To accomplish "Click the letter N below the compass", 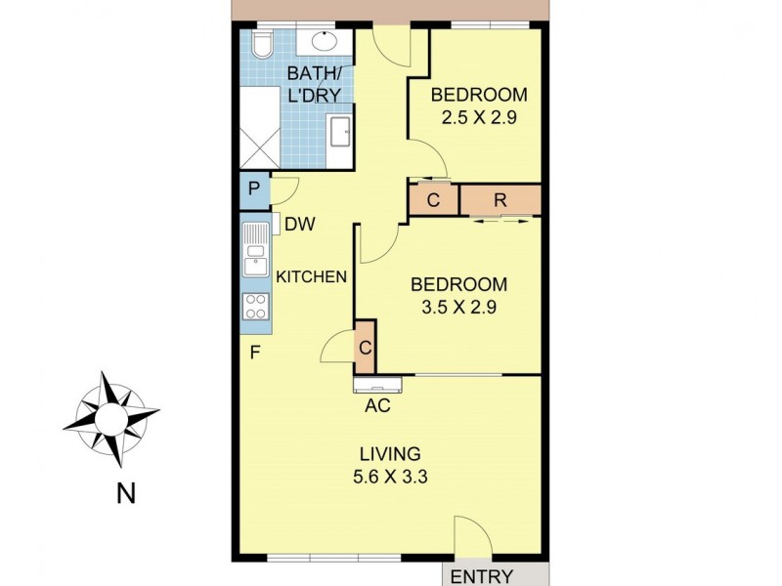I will (x=125, y=494).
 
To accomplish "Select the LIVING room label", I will (x=390, y=454).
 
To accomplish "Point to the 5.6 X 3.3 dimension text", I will (x=389, y=478).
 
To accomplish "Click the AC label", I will (x=377, y=404).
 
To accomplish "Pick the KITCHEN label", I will (x=312, y=276).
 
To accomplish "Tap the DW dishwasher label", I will (x=300, y=224).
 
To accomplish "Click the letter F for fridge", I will (x=254, y=353).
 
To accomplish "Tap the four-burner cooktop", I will (x=256, y=307).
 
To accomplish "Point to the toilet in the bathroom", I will (x=260, y=45).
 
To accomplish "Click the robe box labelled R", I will (x=500, y=199).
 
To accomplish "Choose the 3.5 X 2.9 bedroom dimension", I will (x=458, y=309).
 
